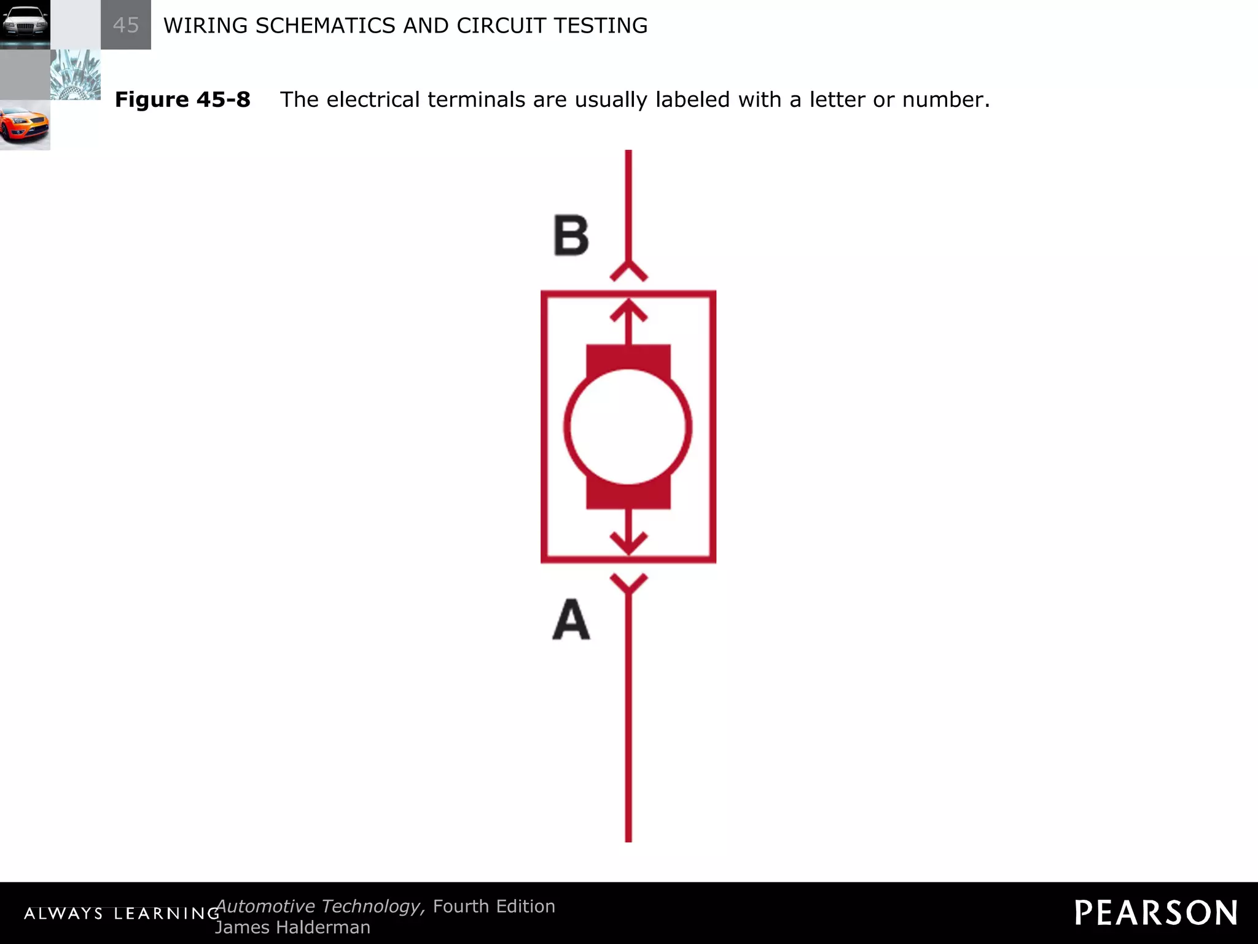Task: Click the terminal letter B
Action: (571, 235)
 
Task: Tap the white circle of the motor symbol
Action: (628, 427)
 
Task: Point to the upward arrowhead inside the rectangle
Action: (628, 310)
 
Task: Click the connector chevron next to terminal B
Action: (628, 271)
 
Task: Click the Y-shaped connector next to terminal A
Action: (628, 583)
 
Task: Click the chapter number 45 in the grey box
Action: (126, 25)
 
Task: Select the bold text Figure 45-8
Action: (182, 100)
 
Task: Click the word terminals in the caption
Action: (476, 100)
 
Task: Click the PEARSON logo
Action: (1155, 913)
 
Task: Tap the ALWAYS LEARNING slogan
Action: (122, 913)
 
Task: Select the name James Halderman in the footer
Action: (292, 927)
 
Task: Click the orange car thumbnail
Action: (25, 125)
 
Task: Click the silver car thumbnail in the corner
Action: (25, 25)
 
